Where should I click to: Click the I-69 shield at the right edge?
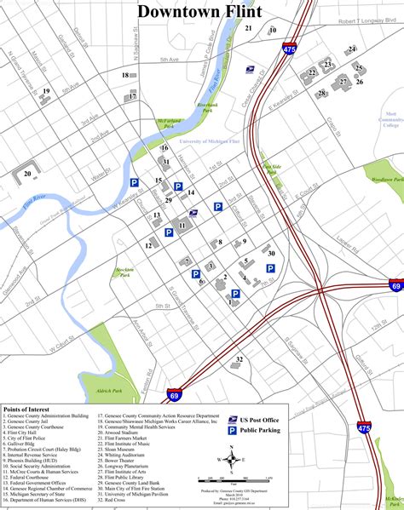[x=395, y=286]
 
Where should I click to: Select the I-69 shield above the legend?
[x=174, y=396]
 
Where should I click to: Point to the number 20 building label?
[x=28, y=174]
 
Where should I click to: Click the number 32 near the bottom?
[x=240, y=359]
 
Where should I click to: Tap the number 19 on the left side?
[x=46, y=91]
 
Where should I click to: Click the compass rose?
[x=234, y=460]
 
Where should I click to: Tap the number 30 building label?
[x=271, y=253]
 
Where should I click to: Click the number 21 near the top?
[x=249, y=28]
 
